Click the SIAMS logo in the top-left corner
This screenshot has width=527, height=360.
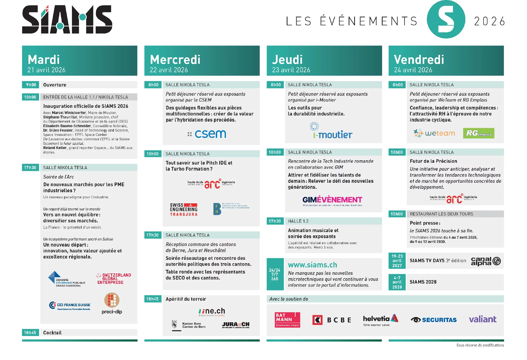67,20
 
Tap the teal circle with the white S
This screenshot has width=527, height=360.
446,19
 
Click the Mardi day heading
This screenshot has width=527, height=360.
44,60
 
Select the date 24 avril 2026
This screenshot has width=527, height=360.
413,70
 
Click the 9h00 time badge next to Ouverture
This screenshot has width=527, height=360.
31,85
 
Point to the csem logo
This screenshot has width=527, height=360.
207,134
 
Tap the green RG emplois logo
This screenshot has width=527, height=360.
479,133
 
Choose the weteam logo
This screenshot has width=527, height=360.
434,133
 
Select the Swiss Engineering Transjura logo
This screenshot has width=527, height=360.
184,209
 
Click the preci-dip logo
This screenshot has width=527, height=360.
112,304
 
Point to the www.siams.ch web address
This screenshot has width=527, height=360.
312,265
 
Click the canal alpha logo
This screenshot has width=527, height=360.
486,261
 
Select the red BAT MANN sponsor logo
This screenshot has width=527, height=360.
287,320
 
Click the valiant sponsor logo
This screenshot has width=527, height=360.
482,319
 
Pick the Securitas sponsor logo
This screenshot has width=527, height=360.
434,320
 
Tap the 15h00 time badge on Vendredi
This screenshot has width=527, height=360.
397,214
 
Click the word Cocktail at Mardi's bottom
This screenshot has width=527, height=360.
52,333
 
